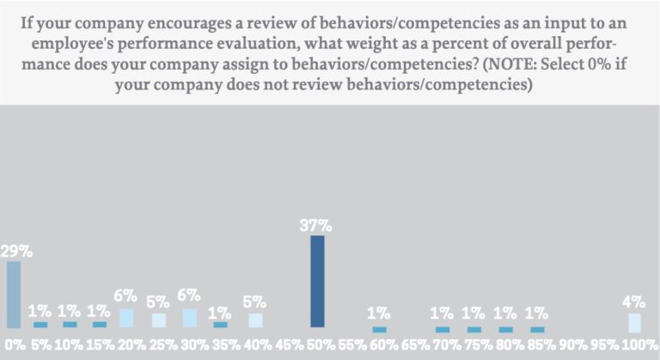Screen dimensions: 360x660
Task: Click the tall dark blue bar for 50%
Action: (317, 282)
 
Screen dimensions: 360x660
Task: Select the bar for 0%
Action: (13, 295)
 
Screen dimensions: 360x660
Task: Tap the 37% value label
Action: (317, 226)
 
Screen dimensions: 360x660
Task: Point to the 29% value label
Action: (16, 252)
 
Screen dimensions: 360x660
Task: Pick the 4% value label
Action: (634, 302)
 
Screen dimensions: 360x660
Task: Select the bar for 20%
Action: (126, 318)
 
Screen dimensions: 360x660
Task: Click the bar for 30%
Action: (190, 318)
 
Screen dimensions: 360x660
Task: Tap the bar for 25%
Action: (159, 320)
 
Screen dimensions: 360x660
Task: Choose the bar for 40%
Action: (254, 320)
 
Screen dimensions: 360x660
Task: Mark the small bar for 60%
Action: (380, 329)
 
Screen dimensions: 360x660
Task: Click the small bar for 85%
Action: (538, 329)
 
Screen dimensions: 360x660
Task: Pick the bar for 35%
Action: (222, 324)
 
